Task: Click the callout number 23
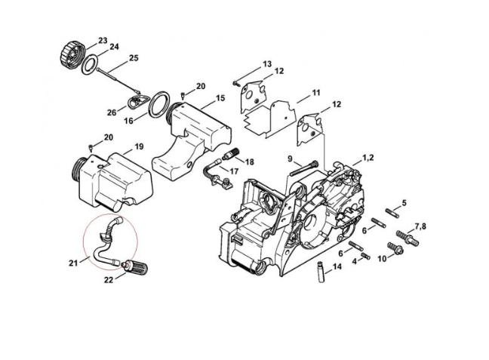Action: tap(103, 40)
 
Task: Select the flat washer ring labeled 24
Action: tap(90, 64)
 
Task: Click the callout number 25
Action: tap(134, 57)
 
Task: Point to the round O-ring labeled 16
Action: tap(159, 104)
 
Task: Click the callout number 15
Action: tap(220, 98)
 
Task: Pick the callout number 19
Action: tap(139, 146)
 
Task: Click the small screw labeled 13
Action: tap(237, 81)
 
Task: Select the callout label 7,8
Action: tap(420, 226)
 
